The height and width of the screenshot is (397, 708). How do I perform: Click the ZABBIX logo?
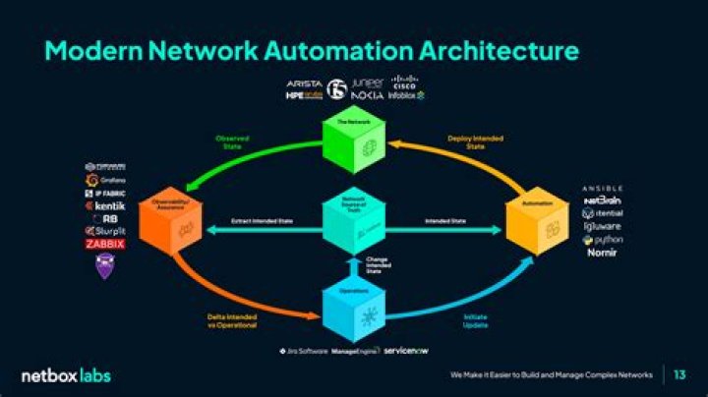click(x=104, y=244)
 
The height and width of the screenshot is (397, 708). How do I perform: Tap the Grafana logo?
click(x=105, y=180)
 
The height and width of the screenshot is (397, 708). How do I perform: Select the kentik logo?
click(x=105, y=206)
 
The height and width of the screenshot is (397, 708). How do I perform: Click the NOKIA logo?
click(x=367, y=95)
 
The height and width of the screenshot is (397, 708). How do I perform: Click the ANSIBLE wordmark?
click(x=602, y=188)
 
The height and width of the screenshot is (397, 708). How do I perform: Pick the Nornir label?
click(x=602, y=254)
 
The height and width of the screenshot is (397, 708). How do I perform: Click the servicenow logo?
click(x=406, y=350)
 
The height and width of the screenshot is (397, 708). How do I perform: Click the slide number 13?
click(x=680, y=375)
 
